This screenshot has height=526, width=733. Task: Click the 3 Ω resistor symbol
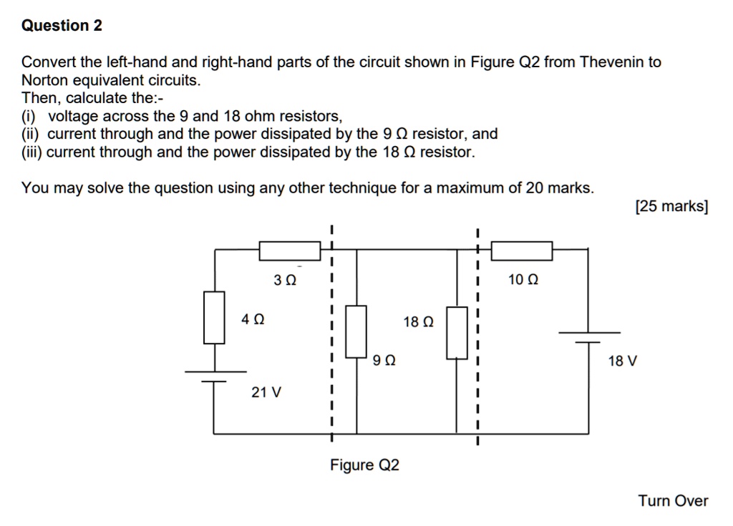click(x=289, y=250)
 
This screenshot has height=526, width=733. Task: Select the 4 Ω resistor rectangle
click(x=214, y=317)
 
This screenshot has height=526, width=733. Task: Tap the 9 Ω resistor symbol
click(x=356, y=331)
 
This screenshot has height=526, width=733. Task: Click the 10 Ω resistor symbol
click(x=521, y=250)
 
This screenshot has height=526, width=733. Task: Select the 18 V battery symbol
click(x=589, y=338)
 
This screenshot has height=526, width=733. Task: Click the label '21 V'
click(x=266, y=392)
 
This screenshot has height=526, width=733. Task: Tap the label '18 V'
click(x=622, y=361)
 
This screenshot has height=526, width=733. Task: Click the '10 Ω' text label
click(x=523, y=280)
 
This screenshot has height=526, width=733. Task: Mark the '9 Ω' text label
click(x=384, y=361)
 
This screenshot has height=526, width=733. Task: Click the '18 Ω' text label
click(x=418, y=322)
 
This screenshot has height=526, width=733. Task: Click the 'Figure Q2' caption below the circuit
click(x=364, y=465)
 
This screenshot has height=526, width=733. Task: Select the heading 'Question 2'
click(x=62, y=26)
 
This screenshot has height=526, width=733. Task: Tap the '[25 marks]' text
click(x=671, y=207)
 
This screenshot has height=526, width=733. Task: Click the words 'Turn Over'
click(x=673, y=501)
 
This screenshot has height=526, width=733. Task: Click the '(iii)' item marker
click(x=32, y=152)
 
